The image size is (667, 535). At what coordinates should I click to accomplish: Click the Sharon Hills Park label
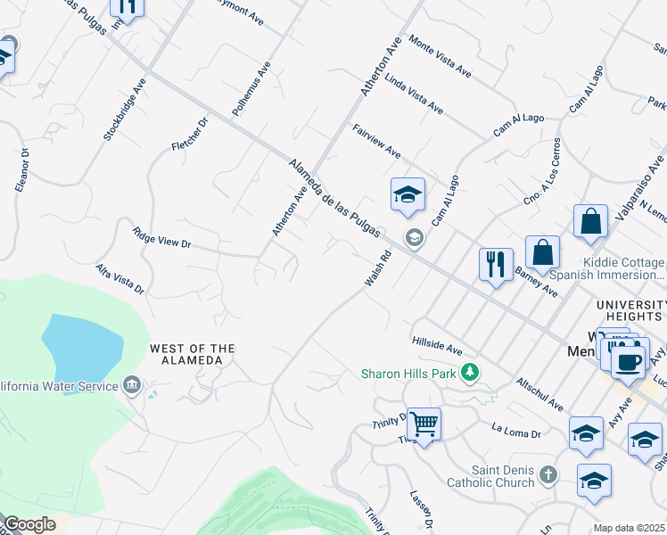point(408,373)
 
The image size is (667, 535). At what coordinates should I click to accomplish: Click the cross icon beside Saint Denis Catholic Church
point(548,475)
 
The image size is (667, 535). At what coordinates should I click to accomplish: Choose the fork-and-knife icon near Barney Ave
point(496,264)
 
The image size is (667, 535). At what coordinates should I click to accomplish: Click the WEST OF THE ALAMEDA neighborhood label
point(193,354)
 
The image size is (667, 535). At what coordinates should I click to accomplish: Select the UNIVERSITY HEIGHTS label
point(630,311)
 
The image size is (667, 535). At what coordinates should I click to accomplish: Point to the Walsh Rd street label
point(378,268)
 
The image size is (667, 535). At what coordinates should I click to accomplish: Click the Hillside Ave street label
point(437,346)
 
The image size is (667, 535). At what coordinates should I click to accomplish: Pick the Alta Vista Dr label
point(120,278)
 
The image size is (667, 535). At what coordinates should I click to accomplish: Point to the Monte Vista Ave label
point(440,55)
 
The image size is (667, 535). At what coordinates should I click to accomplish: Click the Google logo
point(29,524)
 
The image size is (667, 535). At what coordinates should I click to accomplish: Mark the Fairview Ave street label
point(376,141)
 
